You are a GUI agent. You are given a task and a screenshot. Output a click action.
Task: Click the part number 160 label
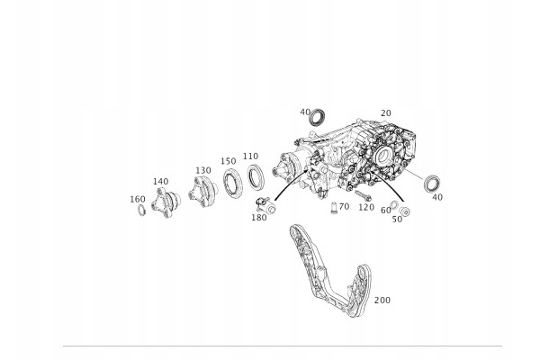point(138,199)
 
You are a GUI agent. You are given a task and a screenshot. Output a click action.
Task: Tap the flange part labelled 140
point(166,202)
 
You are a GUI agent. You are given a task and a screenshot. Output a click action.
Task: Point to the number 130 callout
point(203,170)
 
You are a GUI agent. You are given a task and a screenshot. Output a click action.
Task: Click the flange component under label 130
point(202,192)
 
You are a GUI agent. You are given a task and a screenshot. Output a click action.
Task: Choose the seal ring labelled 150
point(232,183)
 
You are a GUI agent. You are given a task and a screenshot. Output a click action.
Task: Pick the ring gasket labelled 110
point(256,177)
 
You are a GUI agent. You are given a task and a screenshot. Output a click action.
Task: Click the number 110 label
point(250,156)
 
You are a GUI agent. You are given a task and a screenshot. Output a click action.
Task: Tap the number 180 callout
point(259,218)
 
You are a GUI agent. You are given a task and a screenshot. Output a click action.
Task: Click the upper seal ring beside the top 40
point(317,117)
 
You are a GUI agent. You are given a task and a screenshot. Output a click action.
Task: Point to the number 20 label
point(386,113)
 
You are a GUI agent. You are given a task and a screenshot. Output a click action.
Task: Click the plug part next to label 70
point(333,208)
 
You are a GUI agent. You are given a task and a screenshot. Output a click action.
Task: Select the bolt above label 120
point(364,195)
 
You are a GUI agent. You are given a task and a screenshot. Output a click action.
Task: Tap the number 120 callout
point(366,207)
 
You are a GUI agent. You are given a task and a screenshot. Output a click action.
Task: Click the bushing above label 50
point(405,211)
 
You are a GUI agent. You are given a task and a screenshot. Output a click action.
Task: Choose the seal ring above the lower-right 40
point(432,184)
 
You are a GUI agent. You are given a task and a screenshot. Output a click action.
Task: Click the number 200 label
point(382,300)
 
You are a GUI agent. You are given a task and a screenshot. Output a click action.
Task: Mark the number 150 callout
point(229,161)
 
